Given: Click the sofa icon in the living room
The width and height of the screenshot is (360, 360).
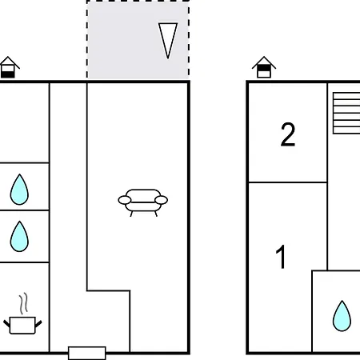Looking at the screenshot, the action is click(x=143, y=202).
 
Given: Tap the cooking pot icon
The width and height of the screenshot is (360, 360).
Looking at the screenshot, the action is click(x=22, y=325).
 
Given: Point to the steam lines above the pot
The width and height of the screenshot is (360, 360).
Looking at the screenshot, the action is click(x=23, y=303).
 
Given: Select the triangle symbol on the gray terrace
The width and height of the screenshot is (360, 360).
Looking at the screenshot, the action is click(x=168, y=41).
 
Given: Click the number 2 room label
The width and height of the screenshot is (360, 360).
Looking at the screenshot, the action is click(x=288, y=134).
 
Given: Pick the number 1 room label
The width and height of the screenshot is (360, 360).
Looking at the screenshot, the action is click(x=281, y=257).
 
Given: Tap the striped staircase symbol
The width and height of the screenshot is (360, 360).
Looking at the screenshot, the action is click(x=346, y=113).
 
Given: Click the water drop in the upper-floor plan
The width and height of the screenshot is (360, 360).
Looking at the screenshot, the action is click(x=342, y=316).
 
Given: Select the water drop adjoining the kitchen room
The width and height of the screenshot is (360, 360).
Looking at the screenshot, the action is click(x=19, y=236).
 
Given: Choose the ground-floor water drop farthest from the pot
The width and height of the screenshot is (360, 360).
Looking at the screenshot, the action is click(x=19, y=190).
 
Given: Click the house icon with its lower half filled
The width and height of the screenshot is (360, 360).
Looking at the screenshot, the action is click(x=9, y=67).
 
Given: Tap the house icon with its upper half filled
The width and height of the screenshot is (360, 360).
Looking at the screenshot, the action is click(x=264, y=67).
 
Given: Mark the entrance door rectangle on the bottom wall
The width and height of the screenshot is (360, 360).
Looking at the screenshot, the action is click(x=87, y=353).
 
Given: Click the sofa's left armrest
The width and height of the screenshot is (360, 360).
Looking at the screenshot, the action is click(x=125, y=200).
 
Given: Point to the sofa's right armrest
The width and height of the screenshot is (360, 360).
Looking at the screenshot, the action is click(x=162, y=200).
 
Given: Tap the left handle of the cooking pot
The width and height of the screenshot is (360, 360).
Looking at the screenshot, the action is click(x=6, y=324).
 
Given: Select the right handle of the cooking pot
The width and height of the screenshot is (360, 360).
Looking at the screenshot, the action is click(x=38, y=324).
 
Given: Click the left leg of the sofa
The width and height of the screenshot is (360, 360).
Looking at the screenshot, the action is click(x=131, y=214).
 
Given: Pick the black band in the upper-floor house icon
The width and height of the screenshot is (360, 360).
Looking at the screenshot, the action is click(x=264, y=69).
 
